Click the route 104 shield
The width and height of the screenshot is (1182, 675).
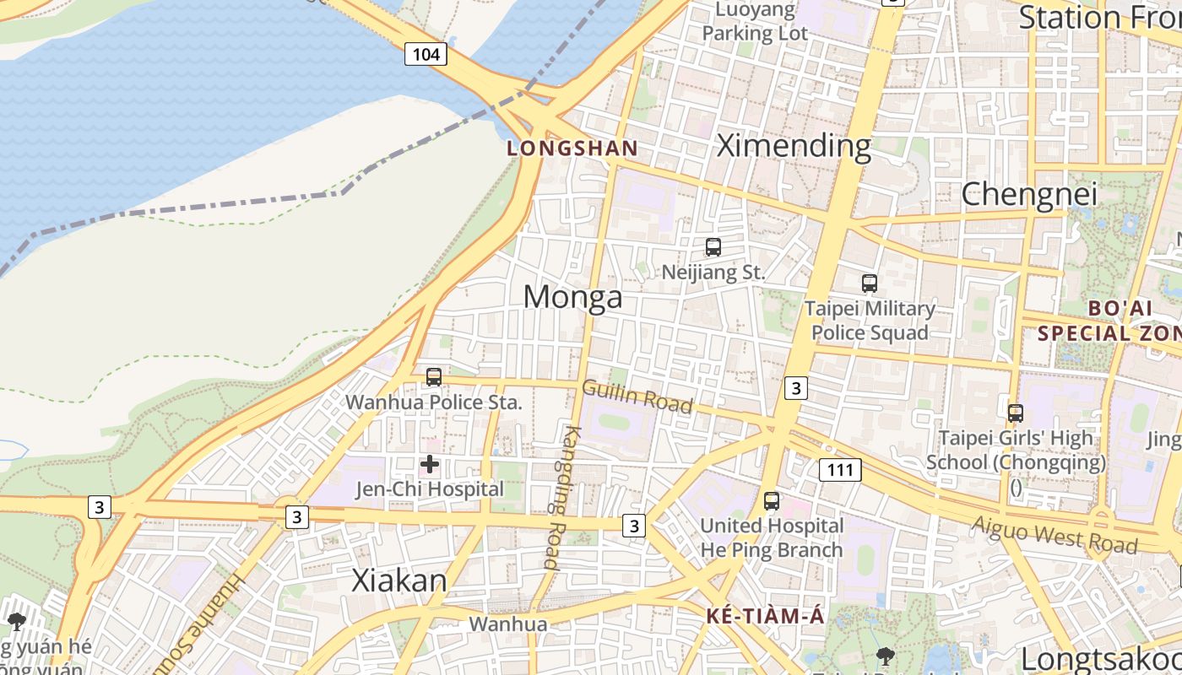tap(426, 55)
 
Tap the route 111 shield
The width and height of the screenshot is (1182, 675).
tap(840, 470)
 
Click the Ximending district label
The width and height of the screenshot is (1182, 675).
tap(794, 146)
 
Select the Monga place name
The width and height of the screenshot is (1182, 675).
tap(572, 297)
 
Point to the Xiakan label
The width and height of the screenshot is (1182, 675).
tap(399, 580)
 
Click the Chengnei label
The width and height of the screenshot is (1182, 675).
tap(1029, 194)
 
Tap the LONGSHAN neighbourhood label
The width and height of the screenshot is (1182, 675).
tap(572, 148)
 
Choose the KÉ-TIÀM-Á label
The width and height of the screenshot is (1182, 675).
tap(765, 616)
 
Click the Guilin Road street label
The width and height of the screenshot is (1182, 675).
tap(637, 397)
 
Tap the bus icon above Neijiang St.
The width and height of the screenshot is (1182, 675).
tap(713, 247)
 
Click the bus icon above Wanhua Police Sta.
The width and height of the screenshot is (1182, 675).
tap(434, 377)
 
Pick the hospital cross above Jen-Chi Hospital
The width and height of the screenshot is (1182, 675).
tap(430, 464)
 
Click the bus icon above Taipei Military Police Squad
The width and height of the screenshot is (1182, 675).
tap(870, 283)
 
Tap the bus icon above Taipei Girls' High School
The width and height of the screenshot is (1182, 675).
tap(1016, 413)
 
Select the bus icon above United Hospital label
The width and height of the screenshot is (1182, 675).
tap(772, 500)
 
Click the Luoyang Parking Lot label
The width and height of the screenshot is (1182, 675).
tap(755, 22)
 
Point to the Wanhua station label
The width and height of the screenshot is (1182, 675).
tap(508, 624)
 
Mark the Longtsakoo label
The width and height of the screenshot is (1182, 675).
tap(1100, 658)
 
